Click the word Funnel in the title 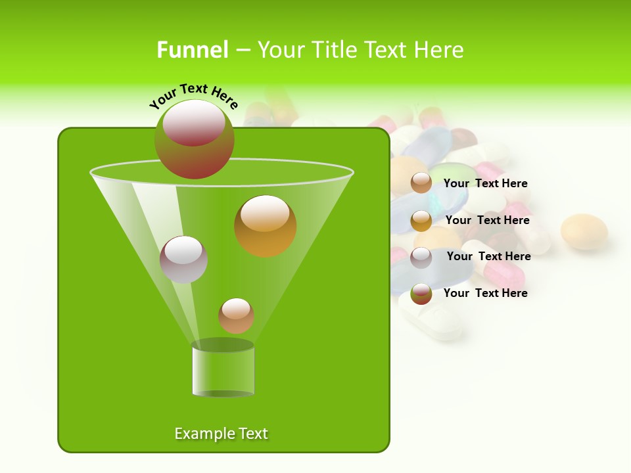193,50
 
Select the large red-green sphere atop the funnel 195,139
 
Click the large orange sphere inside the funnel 266,226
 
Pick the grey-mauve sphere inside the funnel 184,259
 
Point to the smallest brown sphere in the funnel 237,315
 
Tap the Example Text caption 221,434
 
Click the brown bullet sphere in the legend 421,183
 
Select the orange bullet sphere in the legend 421,221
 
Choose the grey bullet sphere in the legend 421,258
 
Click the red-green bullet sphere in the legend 421,294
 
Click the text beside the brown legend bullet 486,183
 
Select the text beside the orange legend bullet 488,220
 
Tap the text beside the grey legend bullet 489,256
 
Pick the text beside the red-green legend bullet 486,293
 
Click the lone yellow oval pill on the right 584,231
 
